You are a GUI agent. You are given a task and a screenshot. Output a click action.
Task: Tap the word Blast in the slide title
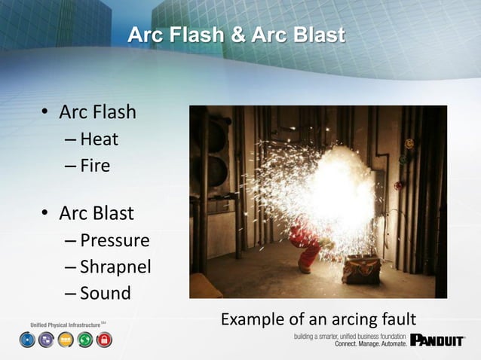pyautogui.click(x=315, y=35)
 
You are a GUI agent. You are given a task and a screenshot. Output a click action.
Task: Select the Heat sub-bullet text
pyautogui.click(x=100, y=139)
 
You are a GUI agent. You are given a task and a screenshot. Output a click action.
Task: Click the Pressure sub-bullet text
pyautogui.click(x=115, y=241)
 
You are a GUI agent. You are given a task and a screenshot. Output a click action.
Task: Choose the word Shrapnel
pyautogui.click(x=115, y=267)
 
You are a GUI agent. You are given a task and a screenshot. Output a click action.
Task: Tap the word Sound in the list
pyautogui.click(x=105, y=292)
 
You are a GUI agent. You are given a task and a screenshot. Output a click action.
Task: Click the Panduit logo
pyautogui.click(x=438, y=340)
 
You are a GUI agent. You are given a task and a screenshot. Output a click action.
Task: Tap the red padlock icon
pyautogui.click(x=104, y=340)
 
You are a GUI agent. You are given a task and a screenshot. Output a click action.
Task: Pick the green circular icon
pyautogui.click(x=84, y=340)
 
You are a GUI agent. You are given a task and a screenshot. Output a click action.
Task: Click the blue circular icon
pyautogui.click(x=26, y=340)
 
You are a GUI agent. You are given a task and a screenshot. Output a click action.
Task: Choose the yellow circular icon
pyautogui.click(x=65, y=340)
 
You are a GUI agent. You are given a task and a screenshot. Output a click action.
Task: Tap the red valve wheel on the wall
pyautogui.click(x=398, y=185)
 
